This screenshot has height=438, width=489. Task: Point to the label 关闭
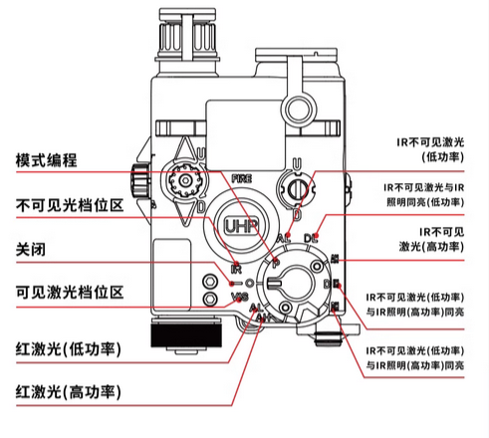coord(30,248)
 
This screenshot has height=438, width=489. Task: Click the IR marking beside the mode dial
coord(236,270)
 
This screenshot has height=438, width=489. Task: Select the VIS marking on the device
coord(239,297)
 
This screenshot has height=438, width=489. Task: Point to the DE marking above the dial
coord(310,237)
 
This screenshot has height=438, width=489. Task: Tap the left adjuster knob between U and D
coord(182,181)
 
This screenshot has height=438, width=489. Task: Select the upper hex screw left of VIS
coord(210,282)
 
